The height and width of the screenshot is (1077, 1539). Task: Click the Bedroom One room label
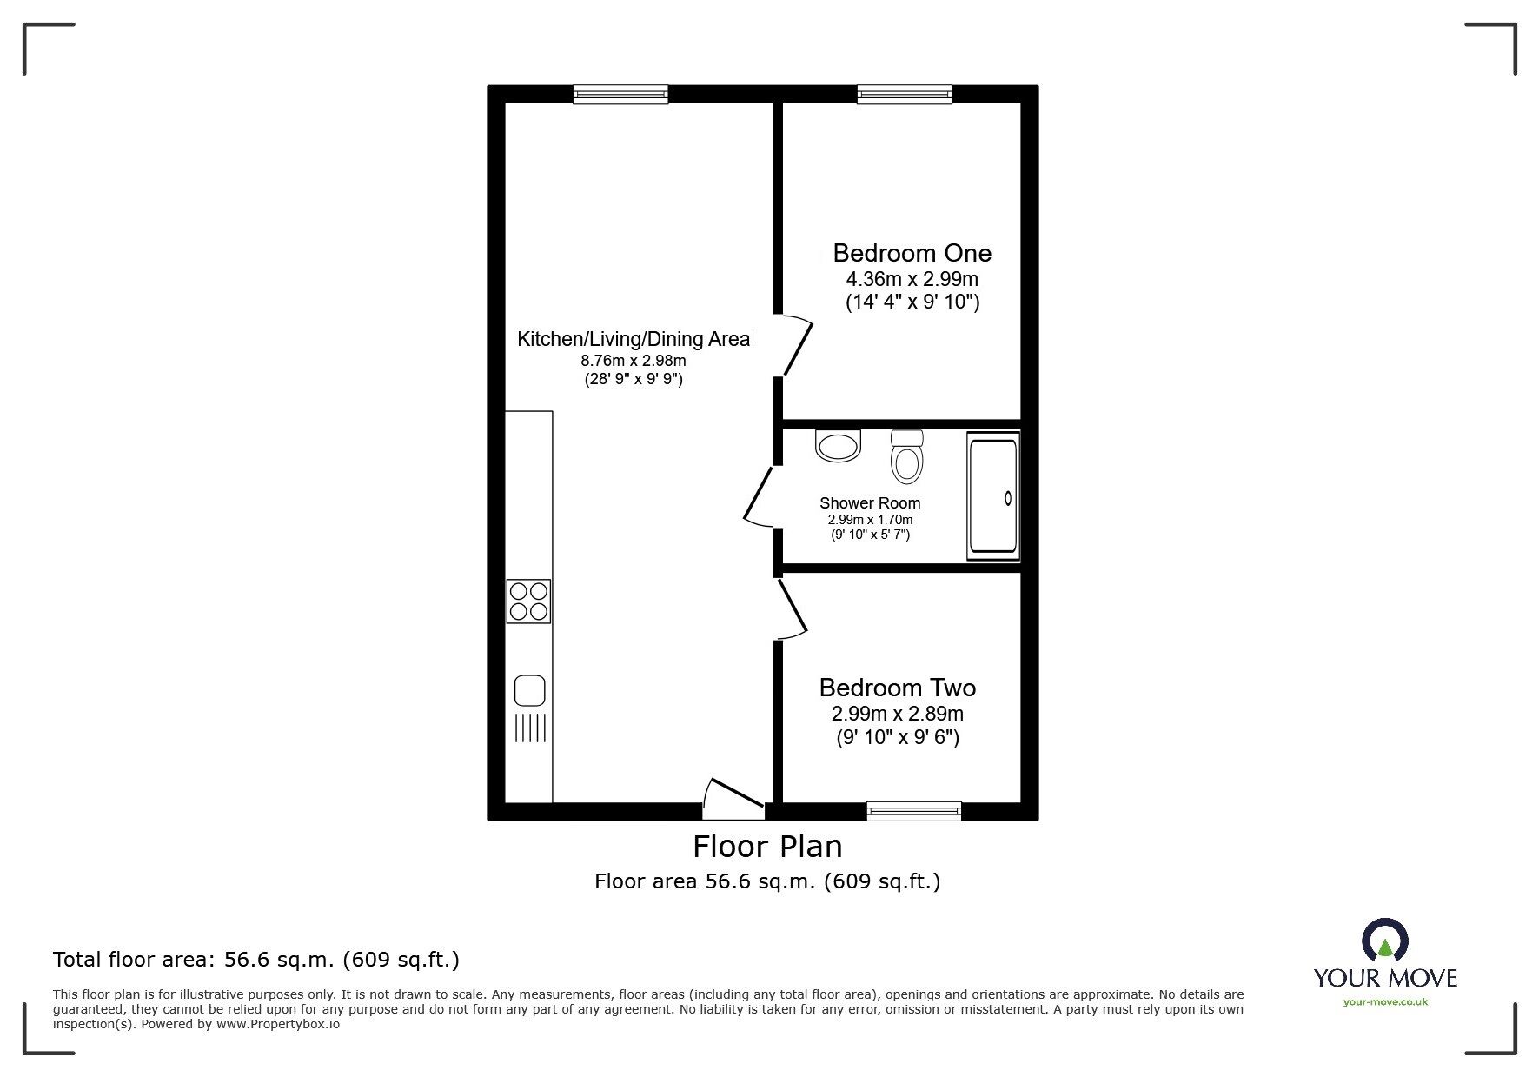(x=912, y=253)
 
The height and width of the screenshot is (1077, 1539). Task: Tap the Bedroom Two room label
(x=897, y=688)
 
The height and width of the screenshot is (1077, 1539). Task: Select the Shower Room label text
(x=870, y=503)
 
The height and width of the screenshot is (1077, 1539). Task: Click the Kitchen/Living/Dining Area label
(x=635, y=339)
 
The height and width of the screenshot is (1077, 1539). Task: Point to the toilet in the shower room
(x=906, y=457)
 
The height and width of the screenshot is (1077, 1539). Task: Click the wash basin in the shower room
(x=838, y=445)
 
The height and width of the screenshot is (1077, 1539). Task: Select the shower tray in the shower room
(x=992, y=496)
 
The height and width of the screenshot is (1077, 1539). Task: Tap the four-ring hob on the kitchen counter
(x=528, y=601)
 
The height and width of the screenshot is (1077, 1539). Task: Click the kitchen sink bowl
(x=529, y=691)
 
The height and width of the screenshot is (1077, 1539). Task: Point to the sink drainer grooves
(x=530, y=728)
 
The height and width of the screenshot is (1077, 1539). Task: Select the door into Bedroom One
(x=798, y=345)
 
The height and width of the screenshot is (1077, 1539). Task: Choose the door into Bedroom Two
(x=793, y=608)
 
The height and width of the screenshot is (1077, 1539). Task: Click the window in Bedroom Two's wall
(x=913, y=811)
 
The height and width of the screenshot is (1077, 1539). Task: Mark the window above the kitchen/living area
(x=620, y=94)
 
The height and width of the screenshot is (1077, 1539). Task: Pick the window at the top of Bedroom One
(x=904, y=94)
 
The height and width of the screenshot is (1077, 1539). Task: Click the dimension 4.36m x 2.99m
(x=912, y=280)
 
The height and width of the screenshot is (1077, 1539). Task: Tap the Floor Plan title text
(x=766, y=846)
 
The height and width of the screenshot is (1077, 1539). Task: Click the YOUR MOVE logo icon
(x=1384, y=941)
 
